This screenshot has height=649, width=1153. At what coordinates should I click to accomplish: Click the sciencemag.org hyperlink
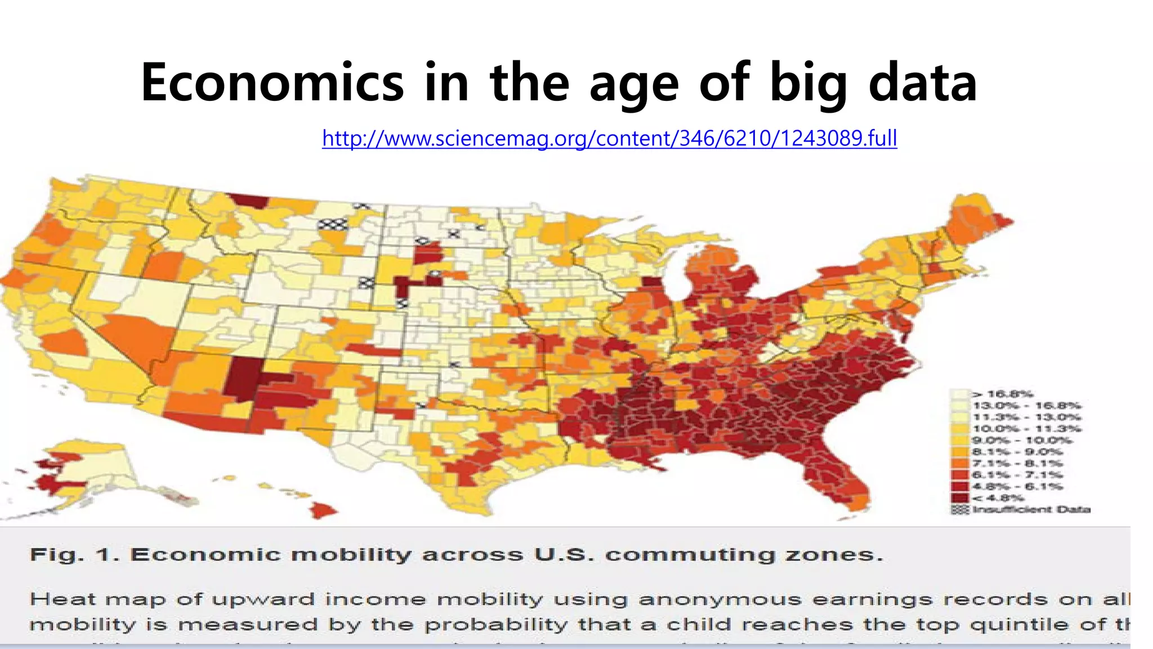(609, 138)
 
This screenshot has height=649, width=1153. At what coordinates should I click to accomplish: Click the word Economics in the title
(272, 83)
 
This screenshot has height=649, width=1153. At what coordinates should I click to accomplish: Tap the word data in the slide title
(923, 83)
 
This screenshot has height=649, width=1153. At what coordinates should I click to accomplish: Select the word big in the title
(808, 83)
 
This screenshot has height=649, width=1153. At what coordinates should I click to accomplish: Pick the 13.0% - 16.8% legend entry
(1026, 406)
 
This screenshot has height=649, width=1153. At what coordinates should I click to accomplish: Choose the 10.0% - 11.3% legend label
(1026, 429)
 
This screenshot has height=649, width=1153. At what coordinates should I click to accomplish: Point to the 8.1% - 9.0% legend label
(1017, 452)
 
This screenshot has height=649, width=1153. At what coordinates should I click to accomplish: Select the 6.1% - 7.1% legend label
(1017, 475)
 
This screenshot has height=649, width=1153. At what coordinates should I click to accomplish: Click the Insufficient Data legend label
(1031, 510)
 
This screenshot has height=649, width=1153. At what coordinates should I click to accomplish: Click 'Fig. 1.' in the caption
(74, 555)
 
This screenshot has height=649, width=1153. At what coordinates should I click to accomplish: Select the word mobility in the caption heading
(351, 555)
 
